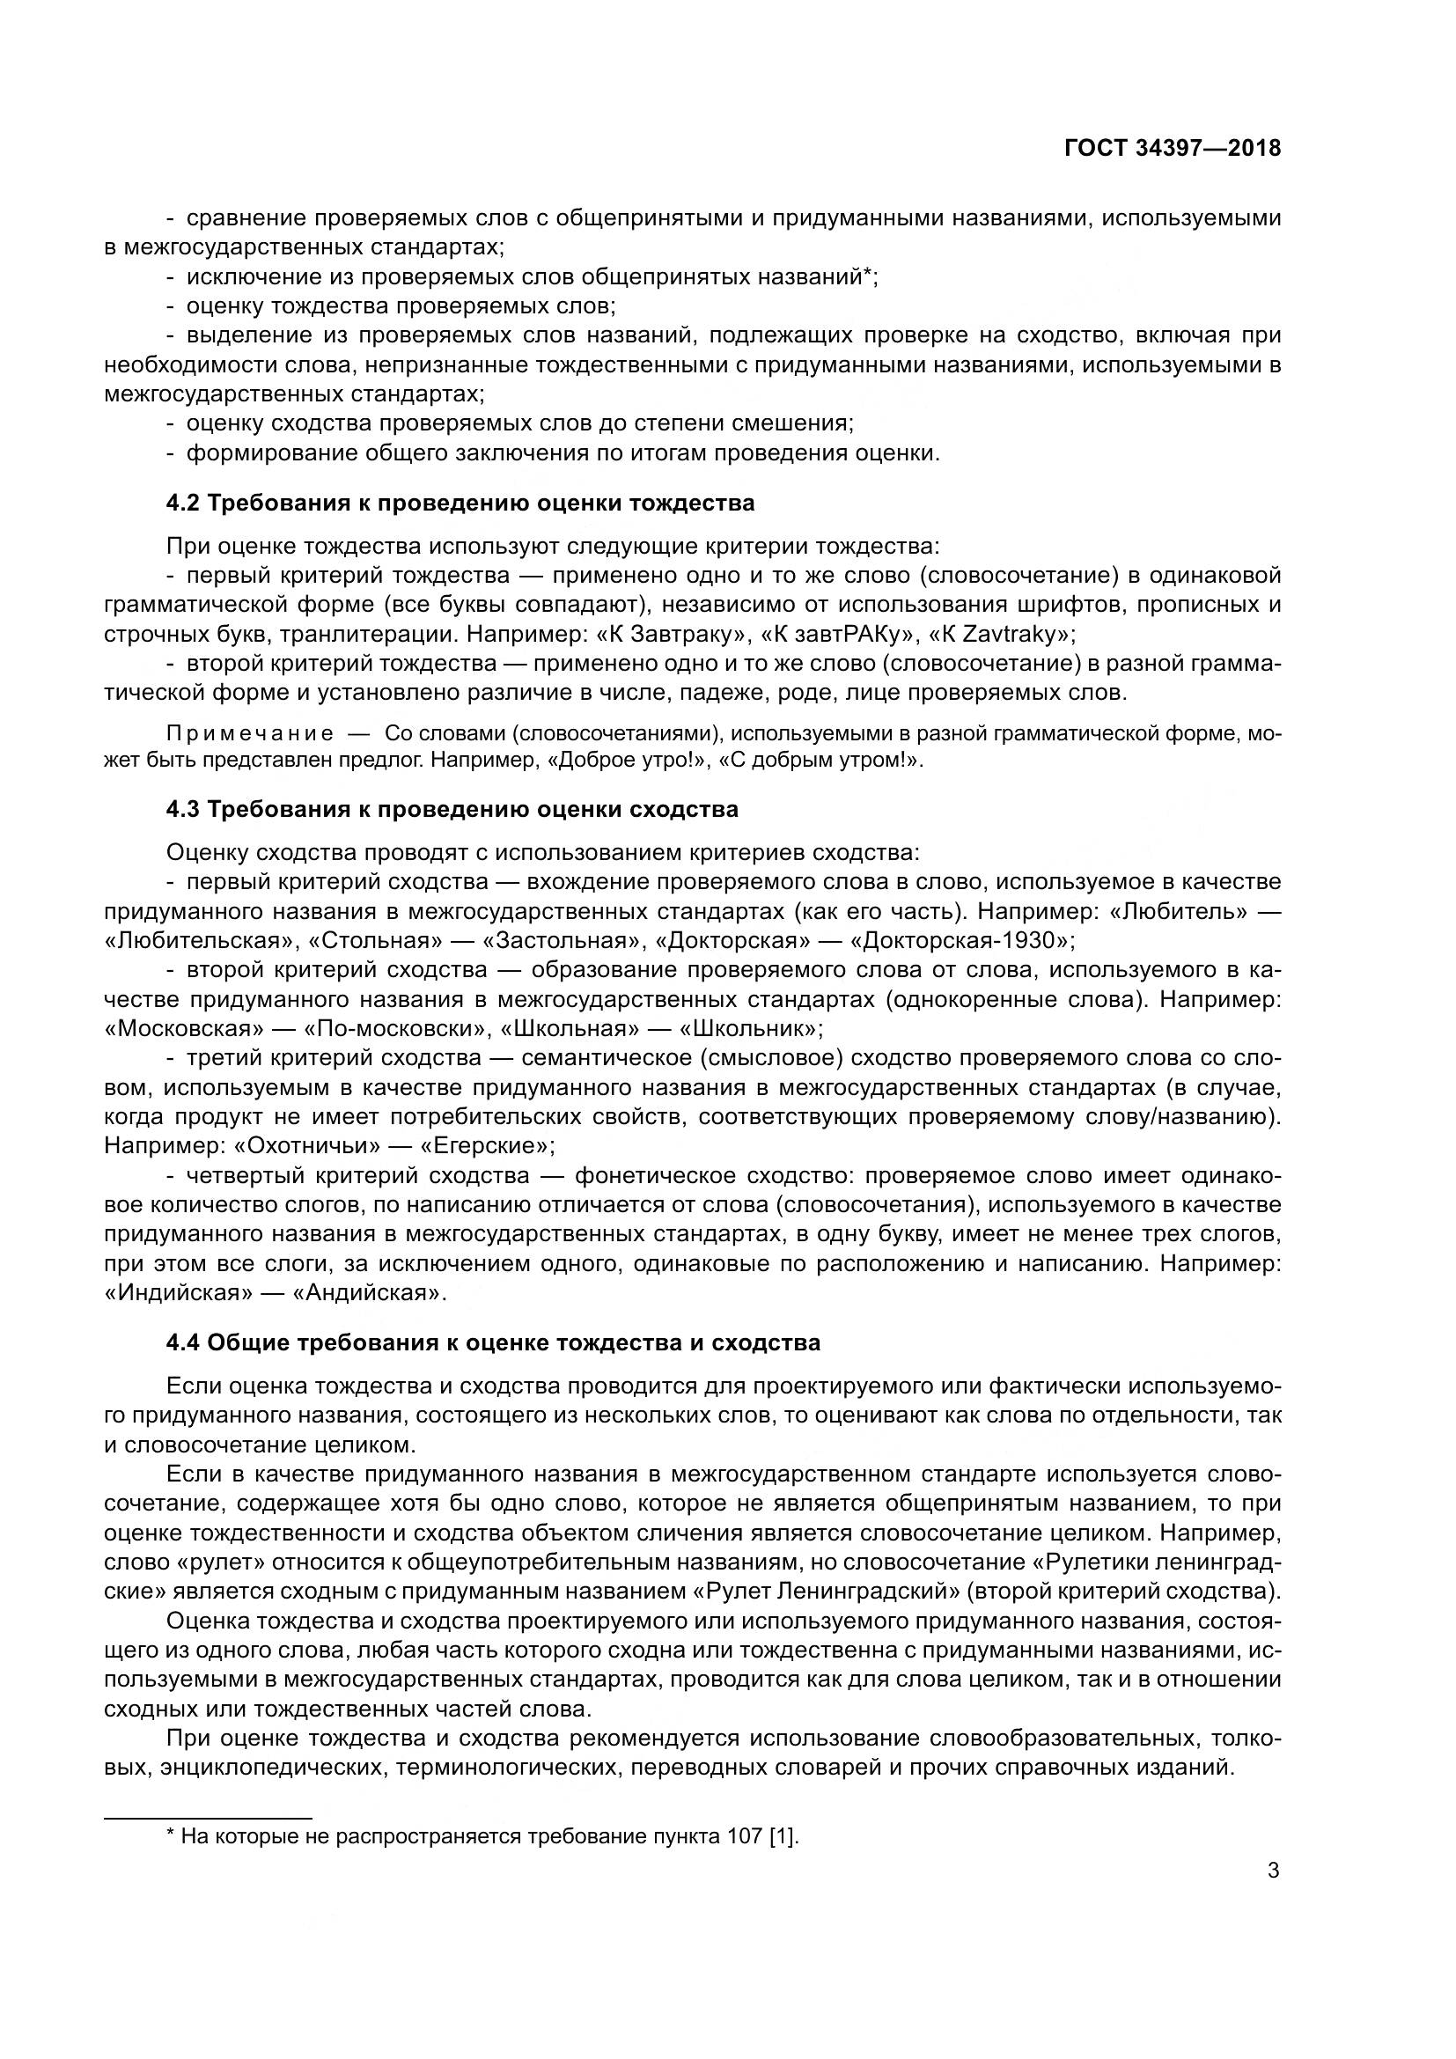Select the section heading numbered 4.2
point(460,504)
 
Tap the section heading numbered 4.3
point(452,809)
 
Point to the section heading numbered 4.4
point(493,1342)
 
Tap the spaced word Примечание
point(251,734)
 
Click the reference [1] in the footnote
point(783,1835)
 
